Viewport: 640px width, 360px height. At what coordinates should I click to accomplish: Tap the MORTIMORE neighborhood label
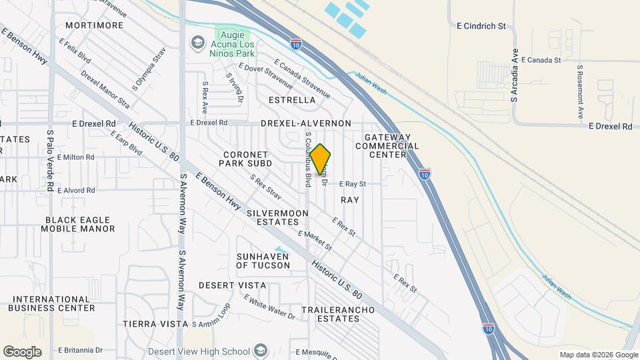pyautogui.click(x=95, y=25)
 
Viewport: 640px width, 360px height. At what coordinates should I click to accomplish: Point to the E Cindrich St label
pyautogui.click(x=481, y=27)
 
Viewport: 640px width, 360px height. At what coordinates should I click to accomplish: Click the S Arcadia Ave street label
pyautogui.click(x=515, y=75)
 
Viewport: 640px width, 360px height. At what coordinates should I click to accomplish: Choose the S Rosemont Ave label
pyautogui.click(x=581, y=92)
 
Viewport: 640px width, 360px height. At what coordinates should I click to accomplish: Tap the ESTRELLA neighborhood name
pyautogui.click(x=291, y=100)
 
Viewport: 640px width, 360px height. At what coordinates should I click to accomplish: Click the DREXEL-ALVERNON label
pyautogui.click(x=305, y=123)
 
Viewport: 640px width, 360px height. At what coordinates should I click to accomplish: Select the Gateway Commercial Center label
pyautogui.click(x=391, y=146)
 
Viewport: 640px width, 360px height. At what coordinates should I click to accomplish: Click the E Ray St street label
pyautogui.click(x=353, y=183)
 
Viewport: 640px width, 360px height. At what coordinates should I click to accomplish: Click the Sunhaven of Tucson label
pyautogui.click(x=263, y=261)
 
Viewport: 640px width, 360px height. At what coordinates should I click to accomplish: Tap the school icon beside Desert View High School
pyautogui.click(x=261, y=351)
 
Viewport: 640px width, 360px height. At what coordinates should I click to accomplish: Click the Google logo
pyautogui.click(x=22, y=351)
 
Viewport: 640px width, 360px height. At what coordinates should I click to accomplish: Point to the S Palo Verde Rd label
pyautogui.click(x=50, y=161)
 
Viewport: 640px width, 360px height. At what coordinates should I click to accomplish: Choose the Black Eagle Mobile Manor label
pyautogui.click(x=80, y=224)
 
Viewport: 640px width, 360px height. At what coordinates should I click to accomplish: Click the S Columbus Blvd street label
pyautogui.click(x=308, y=159)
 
